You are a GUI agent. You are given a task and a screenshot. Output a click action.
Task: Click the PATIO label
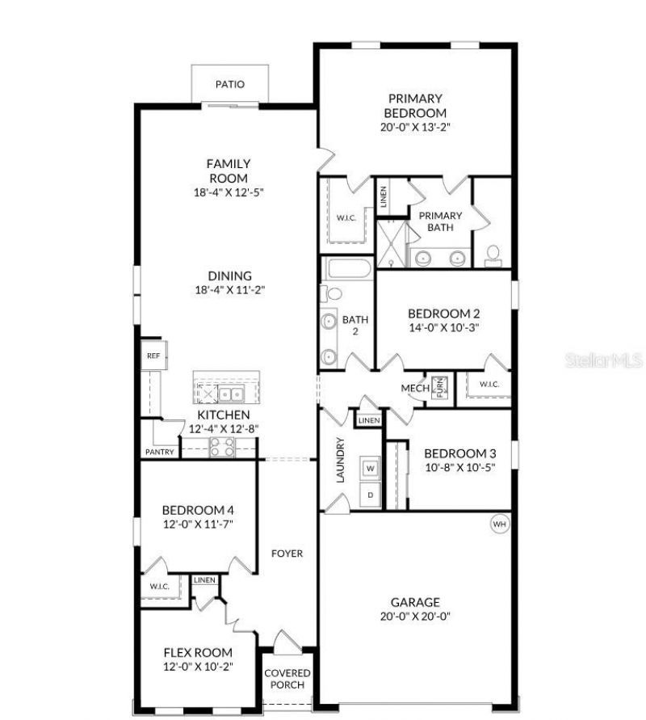click(x=230, y=84)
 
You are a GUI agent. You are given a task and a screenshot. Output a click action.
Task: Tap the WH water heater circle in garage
click(x=499, y=524)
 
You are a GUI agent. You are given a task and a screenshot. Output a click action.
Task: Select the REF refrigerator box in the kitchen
click(x=152, y=356)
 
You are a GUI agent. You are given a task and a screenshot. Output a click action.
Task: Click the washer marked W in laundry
click(x=371, y=468)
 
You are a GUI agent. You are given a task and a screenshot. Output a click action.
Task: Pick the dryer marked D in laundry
click(x=371, y=494)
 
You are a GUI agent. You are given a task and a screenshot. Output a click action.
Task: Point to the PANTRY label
click(x=160, y=452)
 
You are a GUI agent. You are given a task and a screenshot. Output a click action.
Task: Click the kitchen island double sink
click(x=233, y=394)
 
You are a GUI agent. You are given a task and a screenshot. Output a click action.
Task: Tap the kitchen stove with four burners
click(x=221, y=447)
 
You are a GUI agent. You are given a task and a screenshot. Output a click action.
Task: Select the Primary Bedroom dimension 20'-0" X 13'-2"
click(x=415, y=127)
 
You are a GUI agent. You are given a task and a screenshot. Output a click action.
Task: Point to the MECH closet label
click(x=415, y=389)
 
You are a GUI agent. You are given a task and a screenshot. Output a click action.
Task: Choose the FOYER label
click(x=287, y=554)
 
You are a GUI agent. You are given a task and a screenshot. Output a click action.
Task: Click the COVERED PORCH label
click(x=287, y=679)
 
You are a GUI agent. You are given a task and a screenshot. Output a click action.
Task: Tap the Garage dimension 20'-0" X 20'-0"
click(x=415, y=616)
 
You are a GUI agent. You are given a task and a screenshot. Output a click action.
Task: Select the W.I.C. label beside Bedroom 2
click(x=489, y=384)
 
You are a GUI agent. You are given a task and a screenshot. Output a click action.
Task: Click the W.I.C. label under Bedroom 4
click(x=158, y=587)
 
